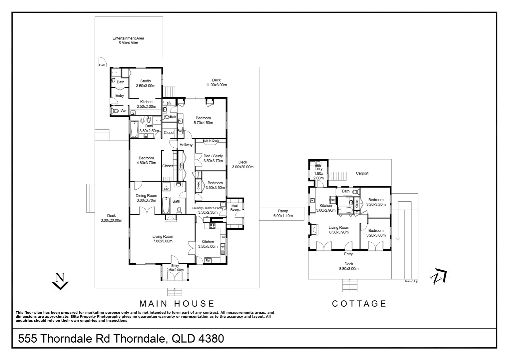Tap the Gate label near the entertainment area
tap(102, 65)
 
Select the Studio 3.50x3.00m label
tap(146, 83)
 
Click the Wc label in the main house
tap(123, 111)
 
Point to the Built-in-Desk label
tap(211, 141)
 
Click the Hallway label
tap(186, 145)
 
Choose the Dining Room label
tap(146, 196)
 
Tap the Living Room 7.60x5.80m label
tap(163, 239)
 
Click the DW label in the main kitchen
tap(223, 237)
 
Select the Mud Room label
tap(235, 208)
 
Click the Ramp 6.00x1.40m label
tap(283, 213)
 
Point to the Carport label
tap(362, 173)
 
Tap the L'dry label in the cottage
tap(318, 169)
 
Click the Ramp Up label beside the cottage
tap(411, 281)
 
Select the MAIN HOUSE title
tap(177, 304)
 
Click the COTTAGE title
tap(359, 304)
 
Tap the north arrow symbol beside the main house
tap(60, 281)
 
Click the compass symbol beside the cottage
tap(439, 276)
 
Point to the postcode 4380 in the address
tap(211, 339)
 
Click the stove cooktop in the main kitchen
tap(212, 226)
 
